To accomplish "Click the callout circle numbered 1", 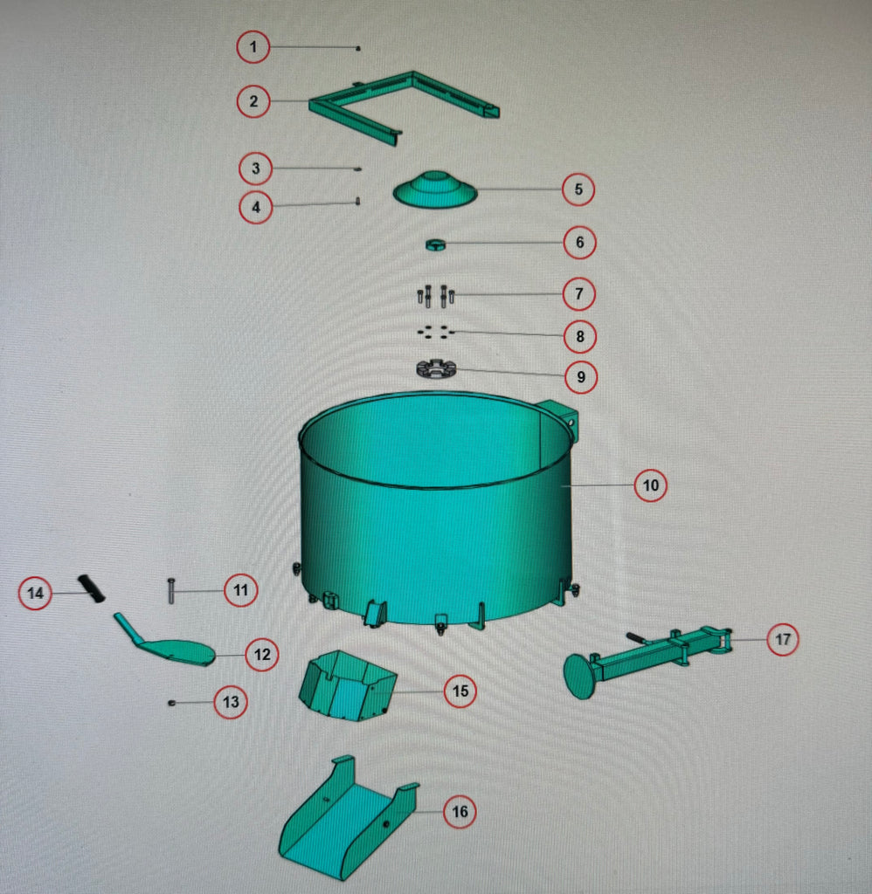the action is coord(253,47).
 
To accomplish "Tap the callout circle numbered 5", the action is coord(578,189).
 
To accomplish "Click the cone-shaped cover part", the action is coord(435,189).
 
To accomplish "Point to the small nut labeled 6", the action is coord(435,245).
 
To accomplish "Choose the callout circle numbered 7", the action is coord(578,293).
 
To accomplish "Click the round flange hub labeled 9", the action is coord(437,369).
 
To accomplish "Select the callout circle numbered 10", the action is coord(651,485).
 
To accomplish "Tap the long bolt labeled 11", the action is coord(171,590).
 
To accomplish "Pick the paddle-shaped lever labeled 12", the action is coord(165,643).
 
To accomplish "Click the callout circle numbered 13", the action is coord(231,701).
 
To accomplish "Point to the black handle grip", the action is coord(92,589).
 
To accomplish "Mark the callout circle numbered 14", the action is coord(35,593).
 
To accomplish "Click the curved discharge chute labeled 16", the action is coord(348,821).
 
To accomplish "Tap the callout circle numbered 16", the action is coord(460,811).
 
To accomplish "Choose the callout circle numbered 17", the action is coord(782,639).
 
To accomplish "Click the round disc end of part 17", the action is coord(580,677).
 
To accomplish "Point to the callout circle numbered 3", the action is coord(255,168).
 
